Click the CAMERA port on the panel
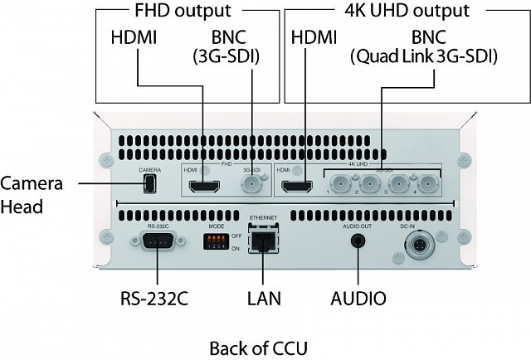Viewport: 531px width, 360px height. pyautogui.click(x=149, y=184)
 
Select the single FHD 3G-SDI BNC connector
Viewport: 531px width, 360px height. pyautogui.click(x=249, y=185)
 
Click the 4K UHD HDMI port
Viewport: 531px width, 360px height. pyautogui.click(x=297, y=187)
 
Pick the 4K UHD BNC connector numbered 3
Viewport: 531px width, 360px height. pyautogui.click(x=397, y=184)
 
